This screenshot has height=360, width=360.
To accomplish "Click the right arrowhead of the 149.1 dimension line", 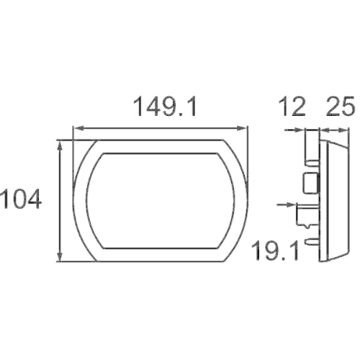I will point(246,129).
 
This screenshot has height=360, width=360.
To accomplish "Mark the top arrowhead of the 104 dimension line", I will point(60,145).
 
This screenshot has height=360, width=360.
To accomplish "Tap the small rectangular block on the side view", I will point(310,183).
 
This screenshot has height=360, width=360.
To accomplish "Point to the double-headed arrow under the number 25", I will point(334,130).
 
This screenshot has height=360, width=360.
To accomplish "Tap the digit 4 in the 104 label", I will point(33,197).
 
